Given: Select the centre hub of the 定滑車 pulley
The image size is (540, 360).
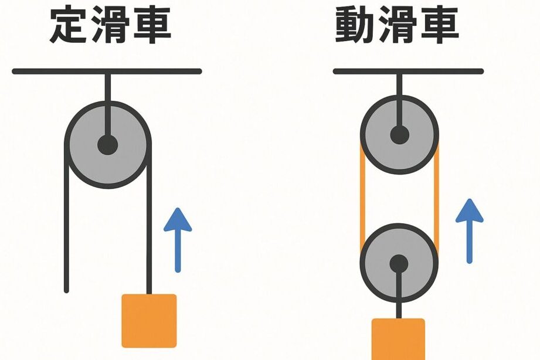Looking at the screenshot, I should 107,145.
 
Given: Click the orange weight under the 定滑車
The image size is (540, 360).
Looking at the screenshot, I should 149,321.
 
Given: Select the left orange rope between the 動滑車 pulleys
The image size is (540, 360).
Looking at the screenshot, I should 362,199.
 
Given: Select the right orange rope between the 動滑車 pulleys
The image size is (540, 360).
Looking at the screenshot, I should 437,199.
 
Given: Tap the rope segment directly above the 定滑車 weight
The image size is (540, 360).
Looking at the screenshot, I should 149,246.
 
